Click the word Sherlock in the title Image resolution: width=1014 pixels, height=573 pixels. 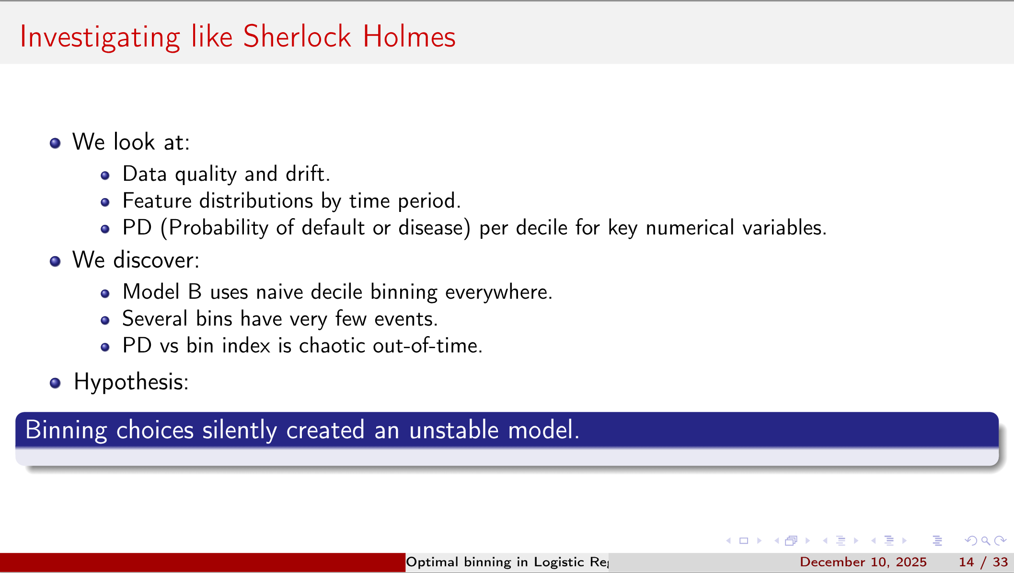pyautogui.click(x=297, y=36)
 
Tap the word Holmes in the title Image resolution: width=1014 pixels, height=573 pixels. pyautogui.click(x=409, y=36)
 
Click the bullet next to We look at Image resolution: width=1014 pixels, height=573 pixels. pyautogui.click(x=55, y=143)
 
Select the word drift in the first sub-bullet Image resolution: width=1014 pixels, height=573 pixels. pyautogui.click(x=307, y=174)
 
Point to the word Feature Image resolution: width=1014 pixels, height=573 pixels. pyautogui.click(x=157, y=200)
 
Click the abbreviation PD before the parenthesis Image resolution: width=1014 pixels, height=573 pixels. pyautogui.click(x=137, y=227)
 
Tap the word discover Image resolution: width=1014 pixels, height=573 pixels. pyautogui.click(x=156, y=260)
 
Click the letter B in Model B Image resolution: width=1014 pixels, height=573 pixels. pyautogui.click(x=195, y=292)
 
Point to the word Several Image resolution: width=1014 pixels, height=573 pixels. pyautogui.click(x=155, y=318)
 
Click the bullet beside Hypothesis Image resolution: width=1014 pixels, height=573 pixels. pyautogui.click(x=55, y=383)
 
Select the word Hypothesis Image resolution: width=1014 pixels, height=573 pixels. pyautogui.click(x=131, y=382)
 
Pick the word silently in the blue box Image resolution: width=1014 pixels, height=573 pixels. pyautogui.click(x=240, y=430)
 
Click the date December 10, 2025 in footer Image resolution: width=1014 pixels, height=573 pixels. pyautogui.click(x=863, y=562)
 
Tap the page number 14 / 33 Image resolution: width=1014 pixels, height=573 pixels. pyautogui.click(x=983, y=562)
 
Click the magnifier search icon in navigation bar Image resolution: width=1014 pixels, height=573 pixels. pyautogui.click(x=985, y=541)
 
